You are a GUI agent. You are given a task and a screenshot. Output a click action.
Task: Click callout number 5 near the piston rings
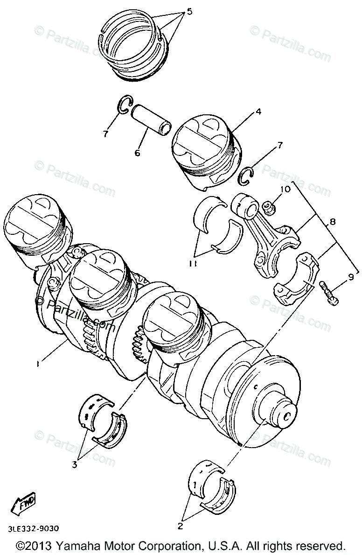189,12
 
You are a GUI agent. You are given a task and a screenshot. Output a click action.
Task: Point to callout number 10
285,189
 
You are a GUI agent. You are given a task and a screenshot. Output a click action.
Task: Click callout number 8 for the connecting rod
332,222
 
